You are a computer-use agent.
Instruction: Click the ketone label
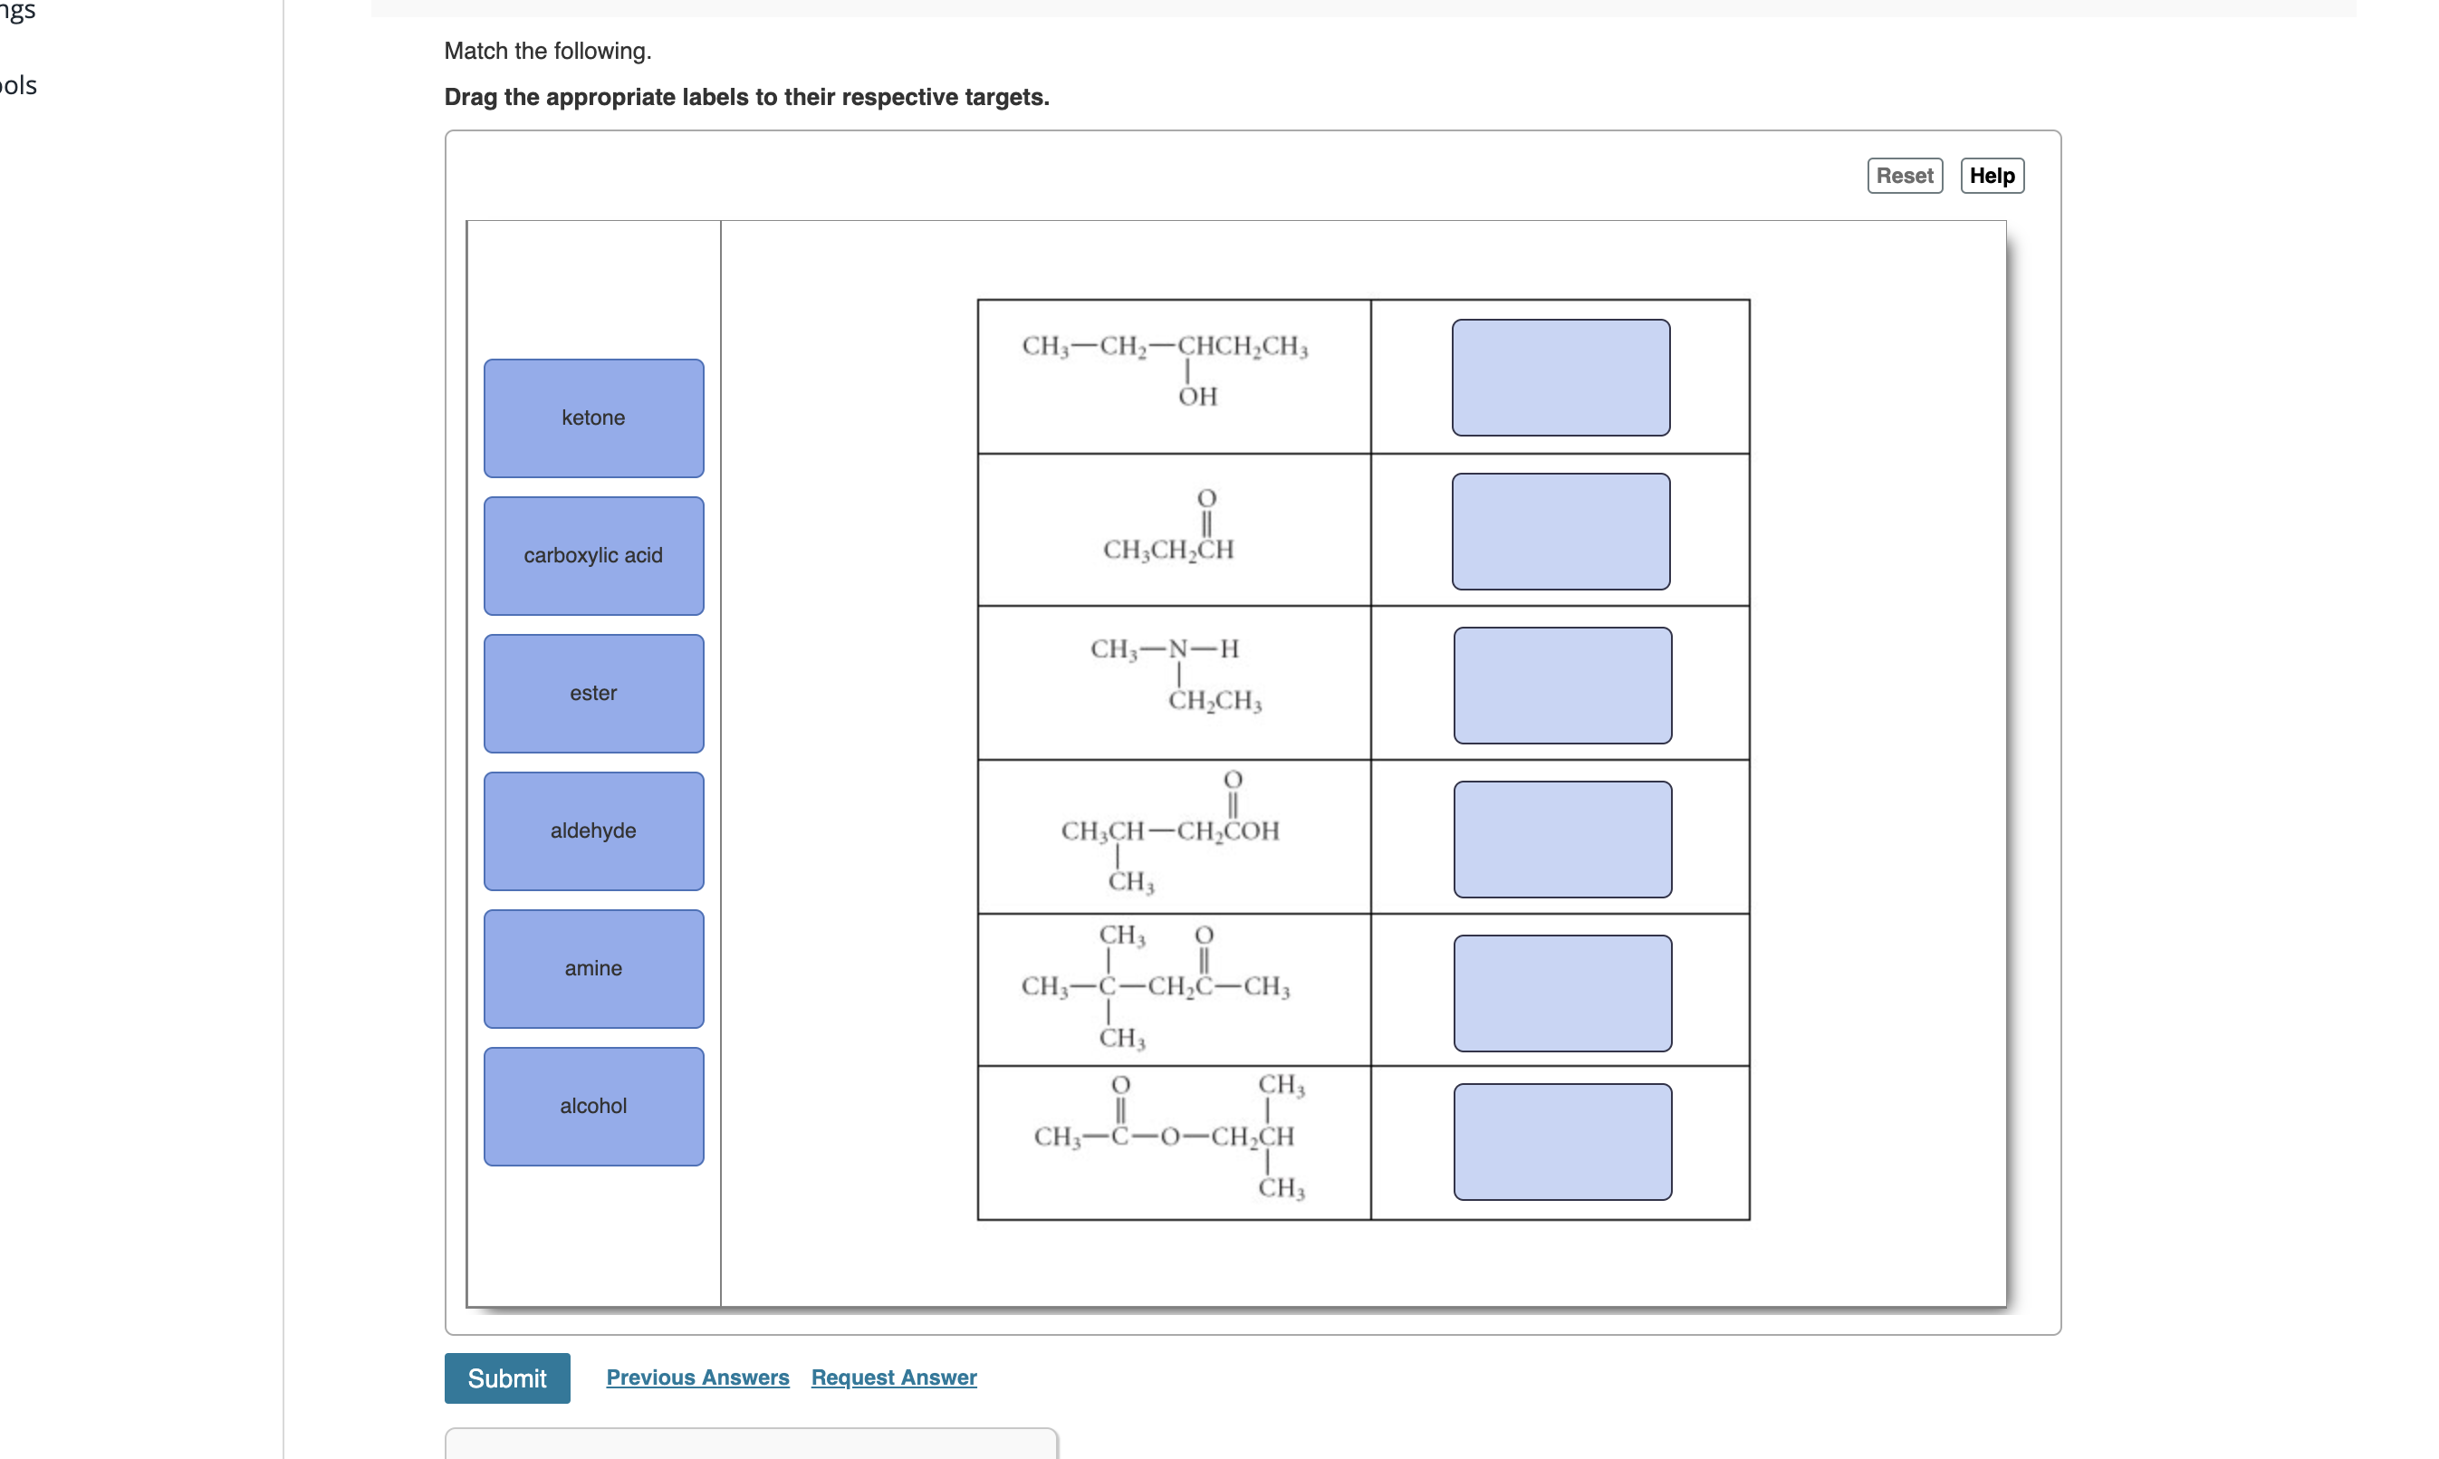[x=593, y=418]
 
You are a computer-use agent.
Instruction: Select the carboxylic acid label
[x=593, y=555]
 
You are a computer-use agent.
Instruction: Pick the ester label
[x=593, y=693]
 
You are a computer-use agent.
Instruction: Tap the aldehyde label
[x=593, y=830]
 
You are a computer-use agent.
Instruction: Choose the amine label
[x=593, y=968]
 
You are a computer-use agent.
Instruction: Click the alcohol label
[x=593, y=1106]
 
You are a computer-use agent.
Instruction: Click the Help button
[x=1991, y=176]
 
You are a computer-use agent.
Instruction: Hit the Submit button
[x=506, y=1377]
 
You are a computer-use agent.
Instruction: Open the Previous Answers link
[x=697, y=1377]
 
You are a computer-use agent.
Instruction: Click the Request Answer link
[x=893, y=1377]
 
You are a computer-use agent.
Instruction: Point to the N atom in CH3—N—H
[x=1177, y=648]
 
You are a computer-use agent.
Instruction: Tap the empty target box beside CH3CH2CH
[x=1560, y=532]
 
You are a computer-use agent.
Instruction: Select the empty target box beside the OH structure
[x=1560, y=378]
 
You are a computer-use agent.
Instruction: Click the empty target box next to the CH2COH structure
[x=1561, y=839]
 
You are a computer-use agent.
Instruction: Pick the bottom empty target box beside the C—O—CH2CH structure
[x=1561, y=1141]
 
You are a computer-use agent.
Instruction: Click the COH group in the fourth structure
[x=1250, y=831]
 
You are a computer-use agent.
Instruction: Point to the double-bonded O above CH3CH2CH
[x=1206, y=498]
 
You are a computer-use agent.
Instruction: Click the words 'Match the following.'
[x=548, y=51]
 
